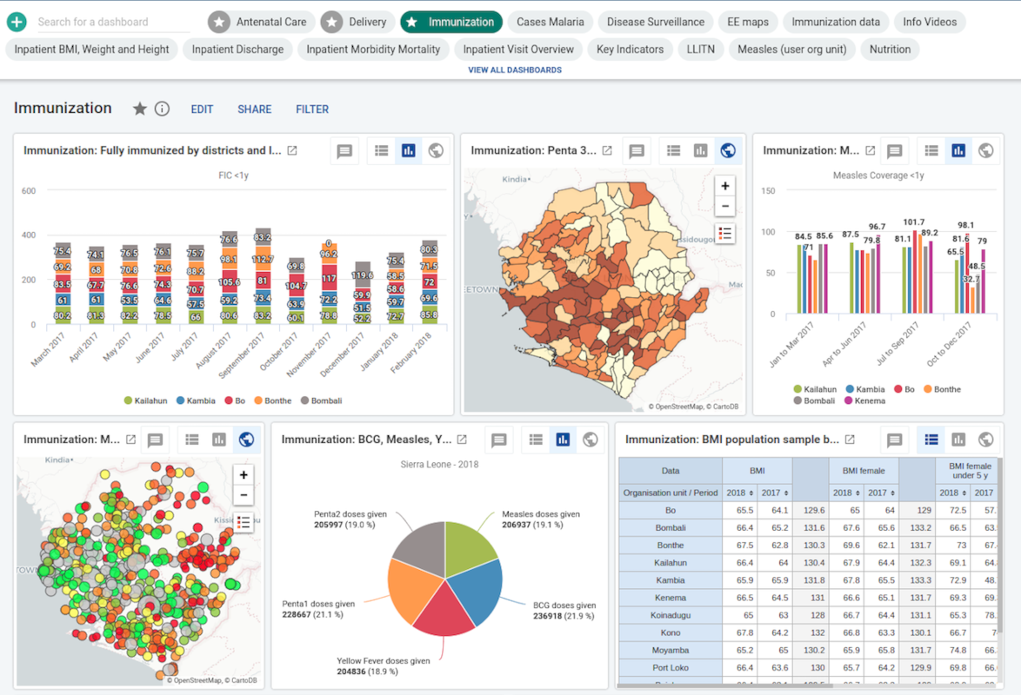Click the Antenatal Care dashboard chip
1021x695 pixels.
pos(261,22)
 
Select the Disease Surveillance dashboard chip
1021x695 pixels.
pos(656,22)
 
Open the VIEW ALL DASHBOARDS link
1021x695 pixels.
pos(515,69)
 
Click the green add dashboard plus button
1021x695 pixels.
pos(16,22)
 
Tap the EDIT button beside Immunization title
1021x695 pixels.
pos(202,109)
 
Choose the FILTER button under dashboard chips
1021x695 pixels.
pos(312,109)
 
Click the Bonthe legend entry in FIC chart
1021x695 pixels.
pos(273,400)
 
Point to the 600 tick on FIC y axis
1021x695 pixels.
pos(28,190)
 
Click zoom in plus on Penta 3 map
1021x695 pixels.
pos(724,186)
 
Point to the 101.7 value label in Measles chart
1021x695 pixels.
pos(914,222)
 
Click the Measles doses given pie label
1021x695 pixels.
pos(540,514)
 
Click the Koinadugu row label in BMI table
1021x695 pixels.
pos(670,615)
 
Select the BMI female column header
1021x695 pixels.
pos(863,471)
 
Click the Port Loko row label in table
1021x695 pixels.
pos(670,667)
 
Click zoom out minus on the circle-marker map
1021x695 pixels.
pos(244,495)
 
